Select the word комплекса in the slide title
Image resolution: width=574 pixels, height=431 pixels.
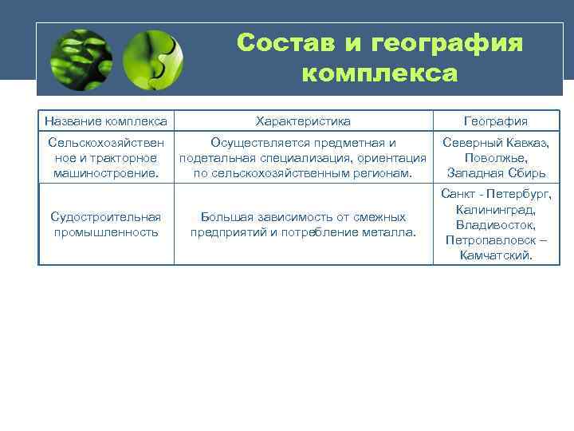(380, 74)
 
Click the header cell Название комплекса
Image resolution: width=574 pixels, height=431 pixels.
(106, 121)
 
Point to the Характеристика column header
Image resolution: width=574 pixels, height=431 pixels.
(303, 121)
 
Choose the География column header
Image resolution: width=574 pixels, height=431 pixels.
(496, 121)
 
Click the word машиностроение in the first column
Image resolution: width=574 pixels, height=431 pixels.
(103, 173)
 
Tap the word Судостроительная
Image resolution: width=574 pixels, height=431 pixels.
(106, 217)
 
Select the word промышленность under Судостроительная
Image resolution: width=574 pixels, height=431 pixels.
(106, 232)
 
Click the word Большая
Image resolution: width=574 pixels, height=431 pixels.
(226, 217)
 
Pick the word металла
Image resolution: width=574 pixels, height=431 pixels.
(389, 232)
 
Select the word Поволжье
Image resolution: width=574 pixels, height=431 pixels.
(496, 158)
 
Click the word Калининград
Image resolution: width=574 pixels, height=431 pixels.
(496, 209)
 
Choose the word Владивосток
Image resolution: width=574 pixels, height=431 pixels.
(496, 225)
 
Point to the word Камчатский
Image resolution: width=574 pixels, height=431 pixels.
(496, 255)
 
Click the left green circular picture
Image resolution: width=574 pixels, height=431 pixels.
(81, 60)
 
